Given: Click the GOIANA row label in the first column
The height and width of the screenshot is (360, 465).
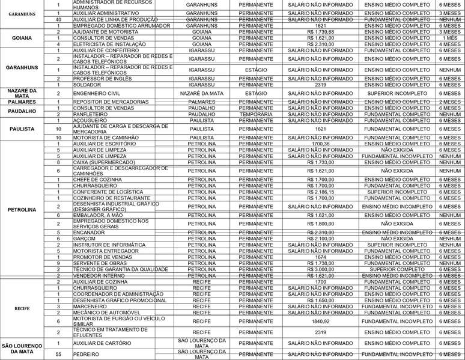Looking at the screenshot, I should click(22, 37).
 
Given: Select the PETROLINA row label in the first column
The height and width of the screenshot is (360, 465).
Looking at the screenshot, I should click(22, 210).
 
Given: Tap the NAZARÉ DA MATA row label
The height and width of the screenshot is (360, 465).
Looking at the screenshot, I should click(22, 93).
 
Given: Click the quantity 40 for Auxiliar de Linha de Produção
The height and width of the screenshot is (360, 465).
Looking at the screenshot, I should click(58, 19).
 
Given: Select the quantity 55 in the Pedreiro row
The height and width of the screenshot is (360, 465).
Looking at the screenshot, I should click(58, 355).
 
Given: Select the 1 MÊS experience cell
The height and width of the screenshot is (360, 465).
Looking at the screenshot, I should click(450, 37).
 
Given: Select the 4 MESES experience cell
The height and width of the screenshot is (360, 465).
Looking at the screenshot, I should click(450, 44).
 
